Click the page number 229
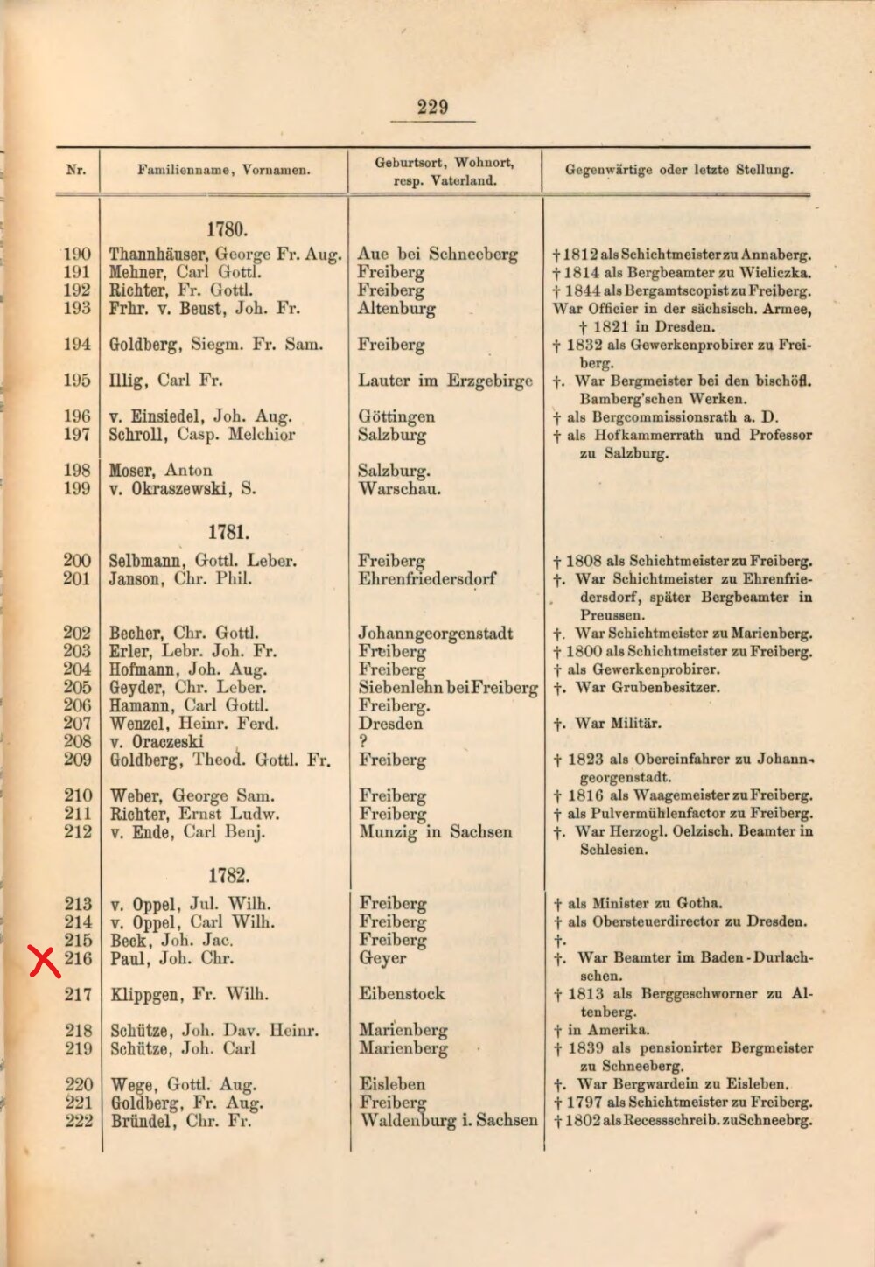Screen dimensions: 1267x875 tap(433, 108)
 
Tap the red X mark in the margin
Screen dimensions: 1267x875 tap(45, 961)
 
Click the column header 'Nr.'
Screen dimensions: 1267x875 tap(76, 170)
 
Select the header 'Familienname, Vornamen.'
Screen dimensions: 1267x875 tap(223, 171)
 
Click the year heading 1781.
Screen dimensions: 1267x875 tap(227, 532)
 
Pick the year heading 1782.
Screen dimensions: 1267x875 tap(227, 874)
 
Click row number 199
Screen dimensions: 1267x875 tap(77, 488)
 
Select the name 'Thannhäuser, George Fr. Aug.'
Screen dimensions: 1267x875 tap(225, 255)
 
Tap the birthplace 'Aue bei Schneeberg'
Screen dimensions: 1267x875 tap(437, 255)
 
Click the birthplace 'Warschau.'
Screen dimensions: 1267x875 tap(400, 488)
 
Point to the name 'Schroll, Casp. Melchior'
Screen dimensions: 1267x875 tap(202, 435)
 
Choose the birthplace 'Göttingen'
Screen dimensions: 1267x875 tap(396, 417)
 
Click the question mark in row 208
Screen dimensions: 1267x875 tap(363, 741)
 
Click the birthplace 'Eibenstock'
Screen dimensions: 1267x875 tap(402, 994)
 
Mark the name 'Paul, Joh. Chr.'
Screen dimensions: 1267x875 tap(172, 958)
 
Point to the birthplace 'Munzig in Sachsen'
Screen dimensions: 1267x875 tap(436, 831)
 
